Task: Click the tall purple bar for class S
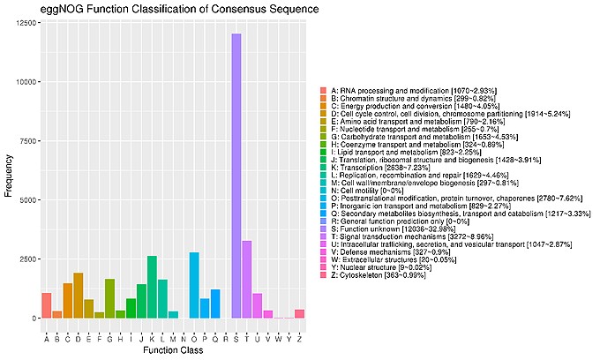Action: click(x=236, y=176)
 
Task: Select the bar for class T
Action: click(x=247, y=279)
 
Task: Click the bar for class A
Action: click(x=47, y=305)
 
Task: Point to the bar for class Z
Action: click(x=300, y=313)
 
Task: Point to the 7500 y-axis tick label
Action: click(x=26, y=141)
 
